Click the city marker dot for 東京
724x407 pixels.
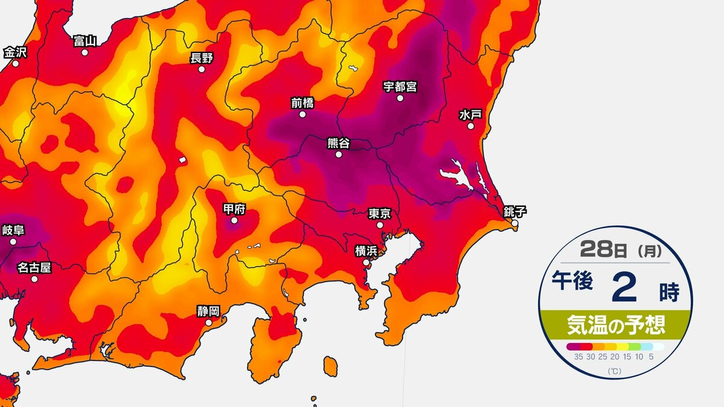click(x=379, y=225)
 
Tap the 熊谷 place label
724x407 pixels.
click(x=338, y=143)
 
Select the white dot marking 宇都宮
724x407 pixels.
click(x=399, y=98)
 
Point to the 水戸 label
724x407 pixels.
click(x=469, y=114)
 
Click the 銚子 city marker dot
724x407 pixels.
click(x=515, y=223)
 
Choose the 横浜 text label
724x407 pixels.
click(x=366, y=250)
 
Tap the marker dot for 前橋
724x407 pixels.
click(x=302, y=114)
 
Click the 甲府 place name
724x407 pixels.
click(x=234, y=209)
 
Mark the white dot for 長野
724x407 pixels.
click(x=202, y=69)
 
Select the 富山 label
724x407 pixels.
click(x=84, y=40)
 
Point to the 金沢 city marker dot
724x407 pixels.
click(x=15, y=63)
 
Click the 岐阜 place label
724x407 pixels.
click(x=13, y=230)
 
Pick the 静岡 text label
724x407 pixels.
click(x=208, y=311)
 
